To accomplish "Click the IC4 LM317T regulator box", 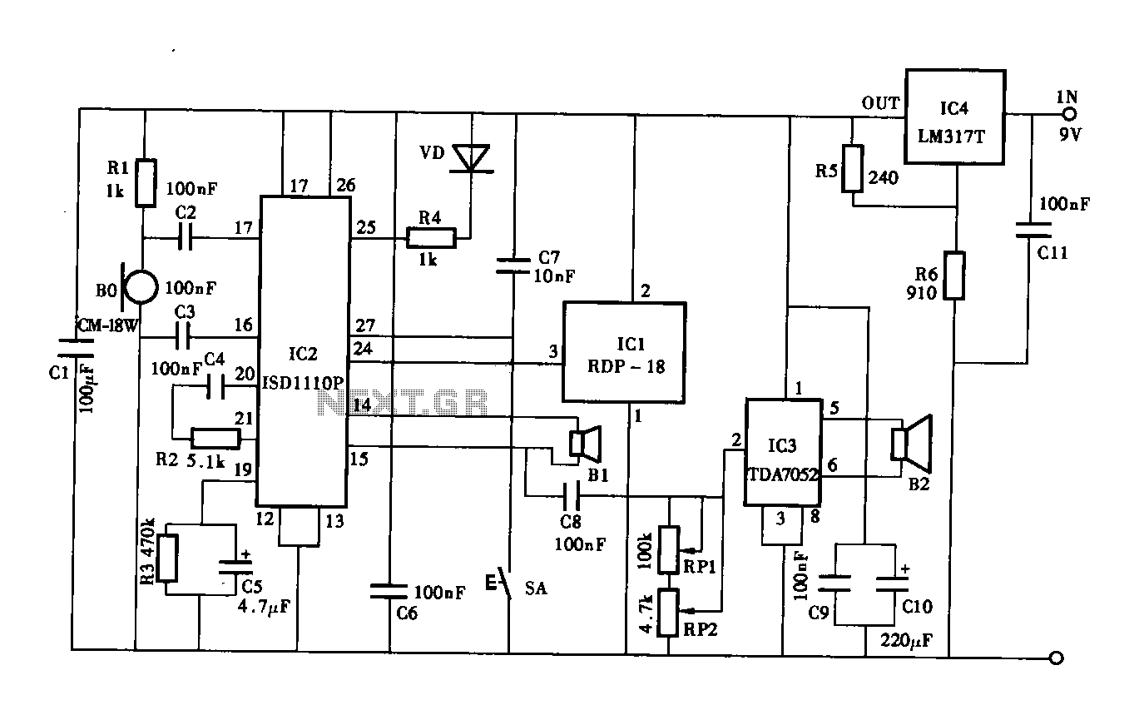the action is point(955,117).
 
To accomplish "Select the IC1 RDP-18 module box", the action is point(625,353).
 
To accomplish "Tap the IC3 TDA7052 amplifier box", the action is point(783,452).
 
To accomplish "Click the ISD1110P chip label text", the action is point(303,382).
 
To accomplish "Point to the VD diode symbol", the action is point(472,159).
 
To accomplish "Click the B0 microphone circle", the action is point(141,286).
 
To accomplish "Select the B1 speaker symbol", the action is point(585,444).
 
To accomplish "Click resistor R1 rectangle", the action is point(145,182).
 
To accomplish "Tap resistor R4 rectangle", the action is point(431,238).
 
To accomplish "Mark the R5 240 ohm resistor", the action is point(852,168).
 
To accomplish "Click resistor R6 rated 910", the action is point(954,276).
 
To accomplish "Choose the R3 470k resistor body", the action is point(166,558).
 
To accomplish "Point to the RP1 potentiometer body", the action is point(669,549).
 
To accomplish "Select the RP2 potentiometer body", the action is point(668,613).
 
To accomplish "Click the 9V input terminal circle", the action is point(1069,114).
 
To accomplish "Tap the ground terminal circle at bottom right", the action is point(1056,658).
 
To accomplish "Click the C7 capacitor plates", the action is point(513,266).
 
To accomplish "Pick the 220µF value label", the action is point(907,640).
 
